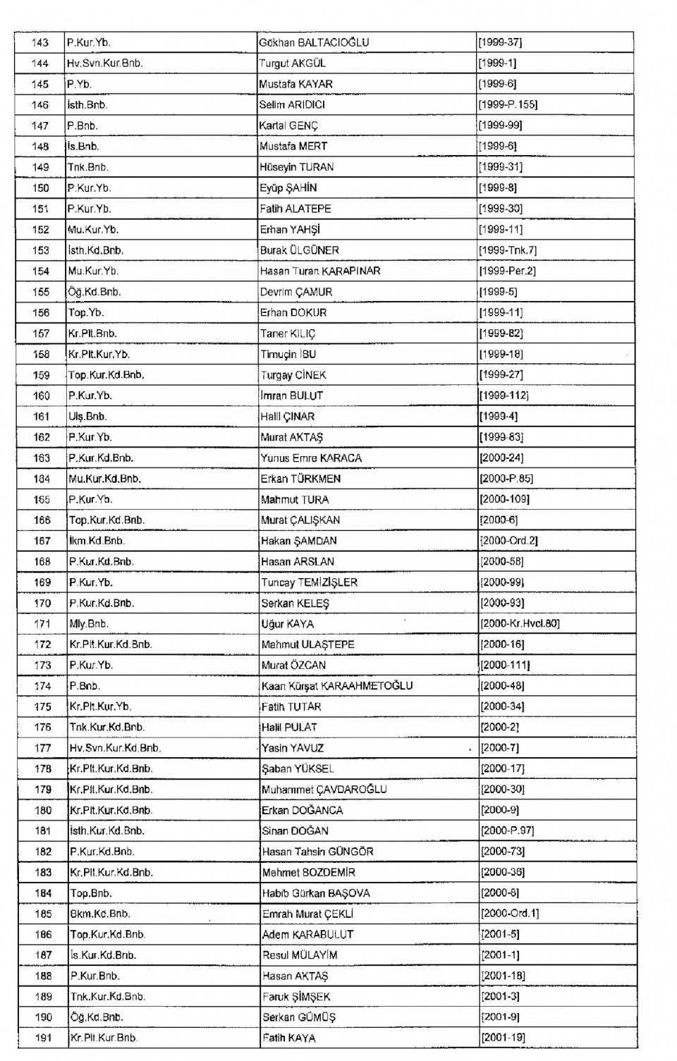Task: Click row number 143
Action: [40, 42]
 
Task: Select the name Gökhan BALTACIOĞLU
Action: [314, 42]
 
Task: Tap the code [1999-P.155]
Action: [508, 104]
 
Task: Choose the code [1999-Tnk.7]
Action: [508, 250]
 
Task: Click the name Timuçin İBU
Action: [288, 354]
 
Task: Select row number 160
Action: [42, 395]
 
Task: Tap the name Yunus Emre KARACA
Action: [311, 458]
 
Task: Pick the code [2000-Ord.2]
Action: [509, 541]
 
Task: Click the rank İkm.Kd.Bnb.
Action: [97, 541]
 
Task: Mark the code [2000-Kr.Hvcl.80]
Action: [520, 624]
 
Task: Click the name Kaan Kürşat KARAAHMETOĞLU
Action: [337, 686]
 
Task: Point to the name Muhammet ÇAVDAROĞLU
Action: [324, 790]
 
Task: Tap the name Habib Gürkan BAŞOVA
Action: [316, 893]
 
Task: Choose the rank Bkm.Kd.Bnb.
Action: [100, 914]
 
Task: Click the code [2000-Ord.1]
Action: [510, 914]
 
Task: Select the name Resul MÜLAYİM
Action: [300, 955]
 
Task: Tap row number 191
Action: [43, 1038]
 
